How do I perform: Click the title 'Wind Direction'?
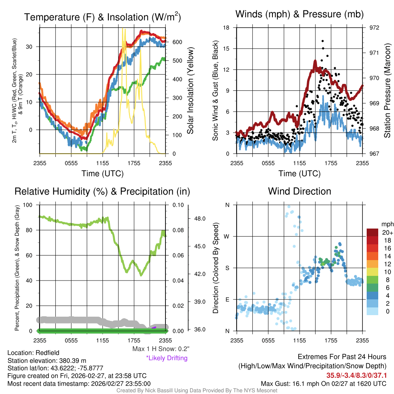tap(299, 191)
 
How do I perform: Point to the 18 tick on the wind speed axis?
tap(227, 28)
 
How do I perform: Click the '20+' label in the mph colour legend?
tap(387, 232)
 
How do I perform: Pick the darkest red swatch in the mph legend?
tap(373, 232)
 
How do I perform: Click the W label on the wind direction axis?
tap(227, 236)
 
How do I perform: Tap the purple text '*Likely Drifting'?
tap(167, 358)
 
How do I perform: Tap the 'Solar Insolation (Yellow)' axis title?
tap(190, 91)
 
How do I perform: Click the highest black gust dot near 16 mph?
tap(322, 41)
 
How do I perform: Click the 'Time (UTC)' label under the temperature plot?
tap(102, 174)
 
